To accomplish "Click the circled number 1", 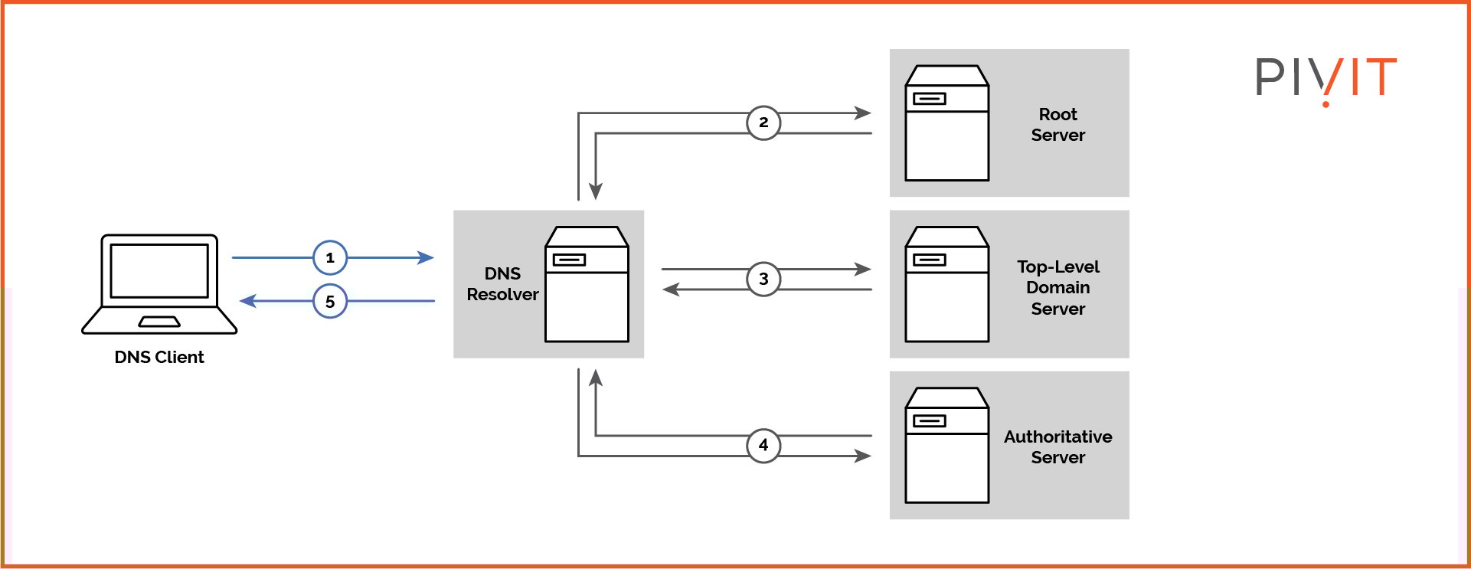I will point(330,258).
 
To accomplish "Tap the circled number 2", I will point(763,123).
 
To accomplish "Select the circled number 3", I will point(763,280).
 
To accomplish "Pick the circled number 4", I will point(763,445).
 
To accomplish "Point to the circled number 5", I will point(330,302).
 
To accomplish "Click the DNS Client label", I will point(159,357).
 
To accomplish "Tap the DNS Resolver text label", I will point(502,284).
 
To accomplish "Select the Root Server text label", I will point(1057,125).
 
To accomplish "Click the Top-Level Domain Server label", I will point(1057,287).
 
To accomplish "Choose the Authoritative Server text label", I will point(1057,446).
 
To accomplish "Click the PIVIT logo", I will point(1326,79).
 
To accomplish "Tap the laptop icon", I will point(159,283).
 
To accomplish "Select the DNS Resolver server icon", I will point(587,284).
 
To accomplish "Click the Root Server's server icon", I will point(946,123).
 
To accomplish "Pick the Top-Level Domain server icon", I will point(946,284).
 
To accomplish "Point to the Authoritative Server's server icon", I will point(946,445).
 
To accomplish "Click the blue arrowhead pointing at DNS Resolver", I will point(427,258).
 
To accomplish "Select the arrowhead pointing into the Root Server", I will point(863,113).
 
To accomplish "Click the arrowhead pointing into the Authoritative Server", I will point(863,456).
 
